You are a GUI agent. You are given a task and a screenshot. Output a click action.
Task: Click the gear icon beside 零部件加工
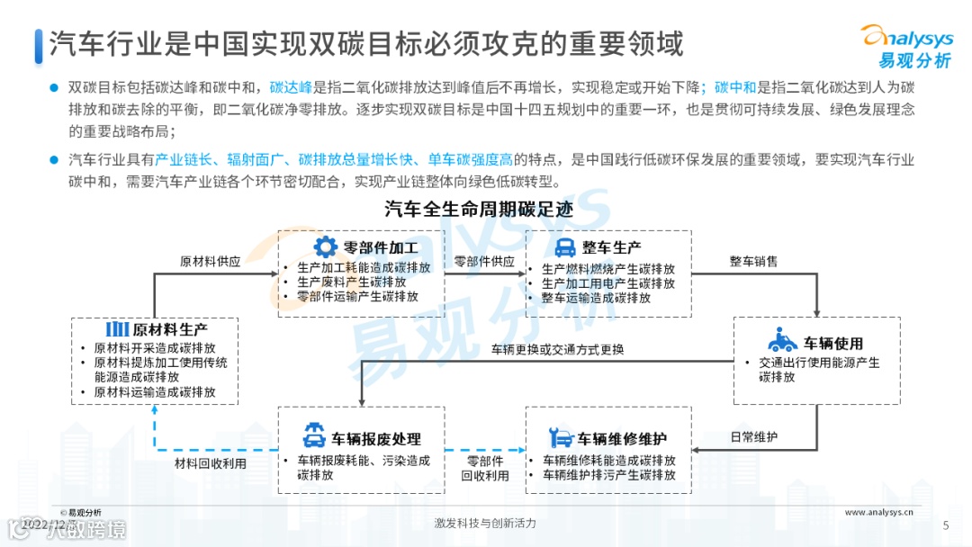pos(325,247)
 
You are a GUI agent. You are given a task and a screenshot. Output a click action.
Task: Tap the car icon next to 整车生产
pos(564,247)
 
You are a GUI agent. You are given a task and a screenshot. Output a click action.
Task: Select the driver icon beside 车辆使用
pos(782,342)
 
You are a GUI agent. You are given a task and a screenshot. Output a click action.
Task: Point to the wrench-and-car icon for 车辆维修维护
pos(560,439)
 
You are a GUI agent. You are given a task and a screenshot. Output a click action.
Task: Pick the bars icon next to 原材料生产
pos(117,328)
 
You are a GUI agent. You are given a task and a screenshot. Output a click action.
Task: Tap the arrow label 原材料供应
pos(210,262)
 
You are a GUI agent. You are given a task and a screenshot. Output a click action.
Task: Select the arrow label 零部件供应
pos(484,262)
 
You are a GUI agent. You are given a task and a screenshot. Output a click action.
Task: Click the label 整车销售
pos(753,262)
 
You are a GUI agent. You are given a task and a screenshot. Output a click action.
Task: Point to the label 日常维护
pos(754,437)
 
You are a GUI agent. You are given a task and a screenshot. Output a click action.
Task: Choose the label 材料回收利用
pos(210,463)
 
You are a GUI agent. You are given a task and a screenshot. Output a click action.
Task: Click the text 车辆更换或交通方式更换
pos(557,350)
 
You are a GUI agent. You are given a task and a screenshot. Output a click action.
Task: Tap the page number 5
pos(945,525)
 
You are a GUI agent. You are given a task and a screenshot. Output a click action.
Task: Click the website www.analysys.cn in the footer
pos(879,512)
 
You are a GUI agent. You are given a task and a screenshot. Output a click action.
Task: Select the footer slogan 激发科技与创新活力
pos(484,524)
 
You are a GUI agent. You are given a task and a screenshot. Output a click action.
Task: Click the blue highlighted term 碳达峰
pos(291,88)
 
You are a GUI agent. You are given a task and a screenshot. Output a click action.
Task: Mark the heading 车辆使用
pos(833,344)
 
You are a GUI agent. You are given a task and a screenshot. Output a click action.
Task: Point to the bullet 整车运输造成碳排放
pos(596,298)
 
